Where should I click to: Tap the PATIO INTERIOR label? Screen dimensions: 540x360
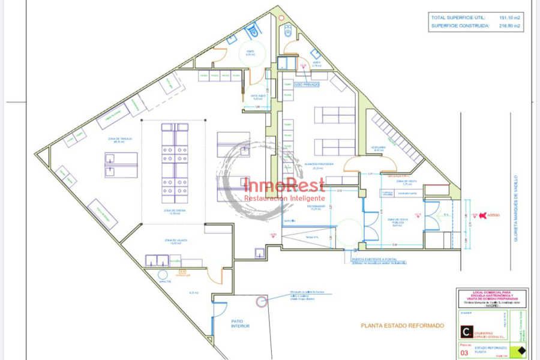click(x=240, y=323)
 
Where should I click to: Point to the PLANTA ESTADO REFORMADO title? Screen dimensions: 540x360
click(x=403, y=326)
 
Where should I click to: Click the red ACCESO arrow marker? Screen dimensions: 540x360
click(x=484, y=215)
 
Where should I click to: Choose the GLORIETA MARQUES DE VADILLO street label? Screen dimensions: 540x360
click(x=515, y=209)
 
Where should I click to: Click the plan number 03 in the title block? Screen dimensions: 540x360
click(x=463, y=353)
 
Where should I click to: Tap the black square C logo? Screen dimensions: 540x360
click(x=465, y=331)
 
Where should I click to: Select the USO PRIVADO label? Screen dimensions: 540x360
click(x=307, y=85)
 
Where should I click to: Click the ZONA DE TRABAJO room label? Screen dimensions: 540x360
click(x=121, y=140)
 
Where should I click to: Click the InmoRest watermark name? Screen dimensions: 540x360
click(x=284, y=185)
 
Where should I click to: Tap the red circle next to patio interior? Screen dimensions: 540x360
click(x=261, y=302)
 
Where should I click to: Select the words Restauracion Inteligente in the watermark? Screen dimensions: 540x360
click(x=284, y=198)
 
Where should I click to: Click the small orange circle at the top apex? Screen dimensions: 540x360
click(x=281, y=17)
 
